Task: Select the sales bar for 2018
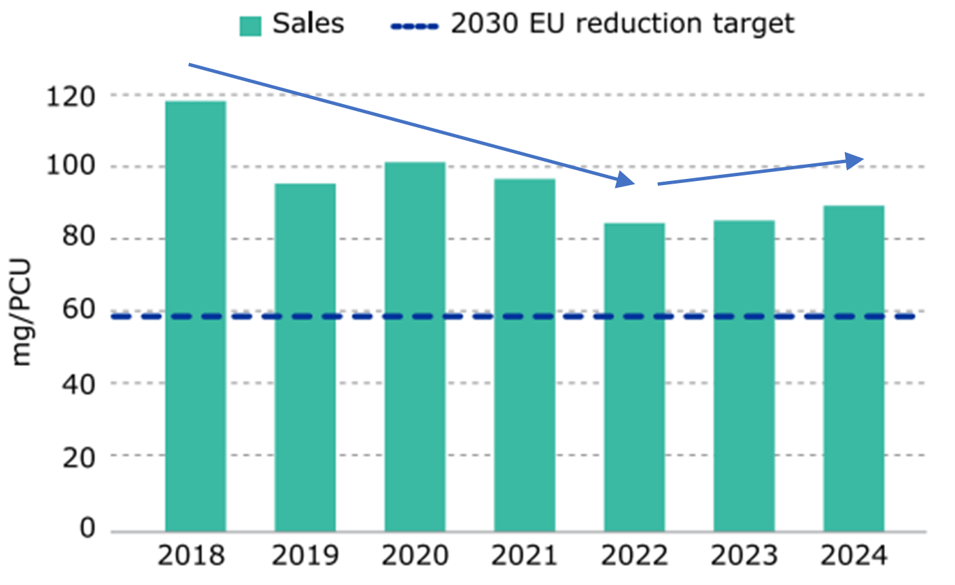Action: (x=196, y=316)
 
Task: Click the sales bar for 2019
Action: (x=305, y=357)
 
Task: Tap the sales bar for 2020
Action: (x=415, y=347)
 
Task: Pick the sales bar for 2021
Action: (x=524, y=355)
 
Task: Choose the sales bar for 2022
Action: (x=634, y=378)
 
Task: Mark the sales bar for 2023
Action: (x=744, y=375)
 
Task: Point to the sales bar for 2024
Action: (x=854, y=369)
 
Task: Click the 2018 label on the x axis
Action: (x=191, y=556)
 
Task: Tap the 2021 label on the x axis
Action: (x=525, y=556)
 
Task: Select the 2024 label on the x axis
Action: (x=854, y=556)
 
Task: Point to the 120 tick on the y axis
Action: (x=71, y=95)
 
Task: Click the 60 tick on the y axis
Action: (x=80, y=311)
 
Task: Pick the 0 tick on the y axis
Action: (x=88, y=528)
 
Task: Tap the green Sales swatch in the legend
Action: (x=250, y=26)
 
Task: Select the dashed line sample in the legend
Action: (x=415, y=26)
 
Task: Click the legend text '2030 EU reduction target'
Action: (x=622, y=24)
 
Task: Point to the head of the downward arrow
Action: (x=626, y=181)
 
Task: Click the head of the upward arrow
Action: (x=855, y=160)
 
